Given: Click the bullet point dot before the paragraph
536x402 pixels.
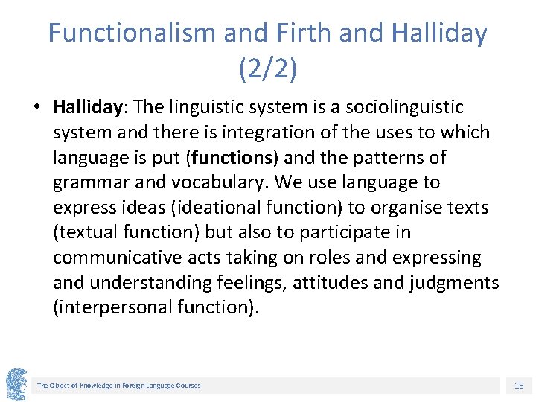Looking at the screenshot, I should tap(36, 107).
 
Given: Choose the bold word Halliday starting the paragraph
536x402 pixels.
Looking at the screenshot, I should tap(87, 107).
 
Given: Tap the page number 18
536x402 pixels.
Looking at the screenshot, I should tap(519, 386).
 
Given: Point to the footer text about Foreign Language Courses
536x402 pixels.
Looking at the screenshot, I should tap(119, 386).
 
